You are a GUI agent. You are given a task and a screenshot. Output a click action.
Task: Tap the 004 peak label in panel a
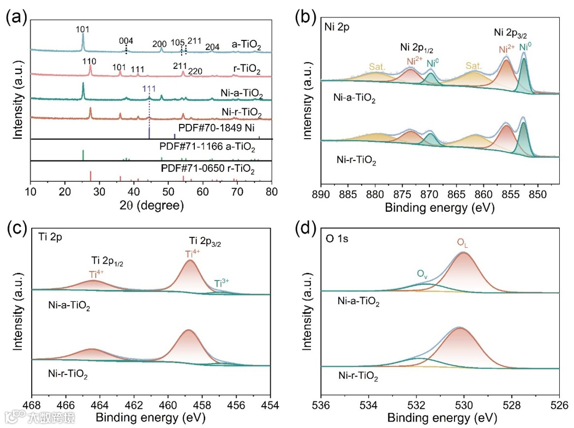[127, 40]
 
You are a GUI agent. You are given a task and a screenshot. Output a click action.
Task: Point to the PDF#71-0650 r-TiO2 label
[207, 169]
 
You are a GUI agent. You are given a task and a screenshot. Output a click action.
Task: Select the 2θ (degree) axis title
[152, 206]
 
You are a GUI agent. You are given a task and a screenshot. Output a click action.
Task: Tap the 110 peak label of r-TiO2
[90, 61]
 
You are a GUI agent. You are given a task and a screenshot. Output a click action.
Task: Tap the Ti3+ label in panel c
[222, 283]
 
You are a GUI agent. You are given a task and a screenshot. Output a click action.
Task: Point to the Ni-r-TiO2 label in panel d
[358, 376]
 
